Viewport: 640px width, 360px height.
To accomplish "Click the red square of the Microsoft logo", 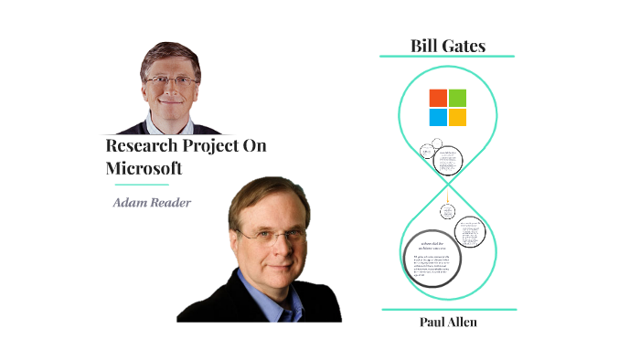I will click(x=438, y=98).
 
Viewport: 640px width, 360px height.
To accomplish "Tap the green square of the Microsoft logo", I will click(x=457, y=98).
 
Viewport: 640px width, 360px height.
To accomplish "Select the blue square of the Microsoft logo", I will click(x=438, y=117).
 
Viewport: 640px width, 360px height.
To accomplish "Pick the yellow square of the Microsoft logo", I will click(x=457, y=117).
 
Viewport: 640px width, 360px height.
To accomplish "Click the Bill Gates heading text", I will click(x=447, y=46).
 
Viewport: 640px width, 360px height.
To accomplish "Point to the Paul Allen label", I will click(x=447, y=322).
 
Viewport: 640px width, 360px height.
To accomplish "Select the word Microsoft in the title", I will click(x=144, y=168).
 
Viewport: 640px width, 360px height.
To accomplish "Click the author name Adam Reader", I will click(x=152, y=202).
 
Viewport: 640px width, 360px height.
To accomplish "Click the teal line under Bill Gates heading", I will click(x=447, y=58).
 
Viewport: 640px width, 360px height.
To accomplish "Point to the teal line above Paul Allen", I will click(x=447, y=310).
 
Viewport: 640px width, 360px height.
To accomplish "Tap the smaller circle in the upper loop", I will click(x=427, y=151).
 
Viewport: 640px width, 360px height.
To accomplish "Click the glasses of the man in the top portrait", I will click(x=172, y=80).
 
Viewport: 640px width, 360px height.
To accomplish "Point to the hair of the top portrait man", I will click(x=170, y=53).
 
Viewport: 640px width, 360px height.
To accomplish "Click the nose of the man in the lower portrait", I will click(x=266, y=244).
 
